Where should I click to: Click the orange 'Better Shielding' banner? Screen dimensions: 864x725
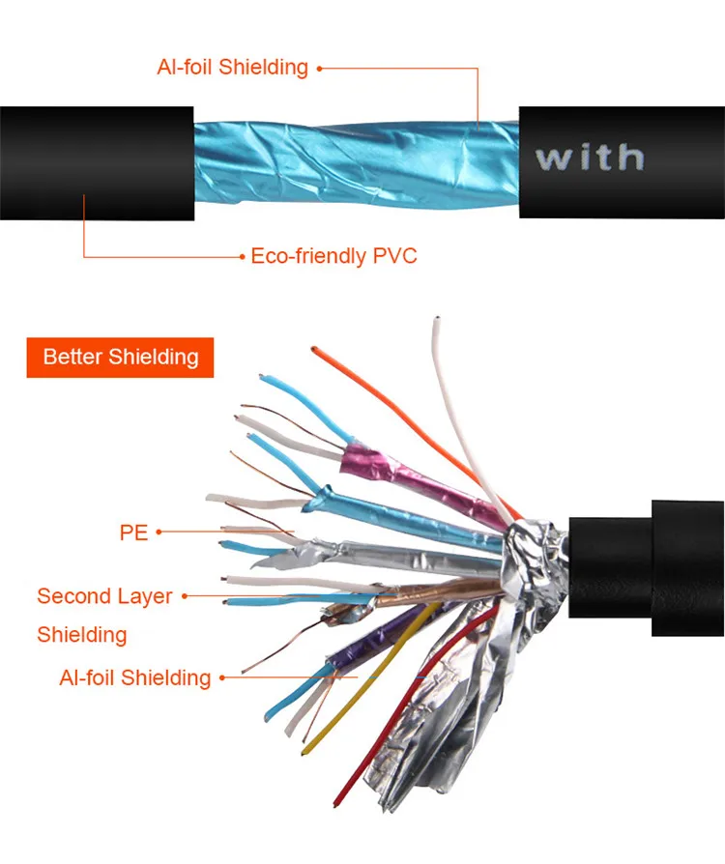120,357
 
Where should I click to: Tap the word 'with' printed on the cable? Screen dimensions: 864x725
590,157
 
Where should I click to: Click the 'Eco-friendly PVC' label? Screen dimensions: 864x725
333,256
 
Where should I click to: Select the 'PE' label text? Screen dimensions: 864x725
133,532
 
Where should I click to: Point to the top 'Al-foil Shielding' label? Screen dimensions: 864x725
232,68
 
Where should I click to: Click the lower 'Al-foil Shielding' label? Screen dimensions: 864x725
134,677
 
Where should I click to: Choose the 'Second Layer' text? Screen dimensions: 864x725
104,596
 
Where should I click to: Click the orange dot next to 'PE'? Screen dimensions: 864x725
159,532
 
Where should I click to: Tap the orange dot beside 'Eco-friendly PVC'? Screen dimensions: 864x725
242,256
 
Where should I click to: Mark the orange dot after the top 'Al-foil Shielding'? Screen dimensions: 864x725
319,68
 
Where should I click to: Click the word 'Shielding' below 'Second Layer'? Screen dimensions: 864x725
82,635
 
